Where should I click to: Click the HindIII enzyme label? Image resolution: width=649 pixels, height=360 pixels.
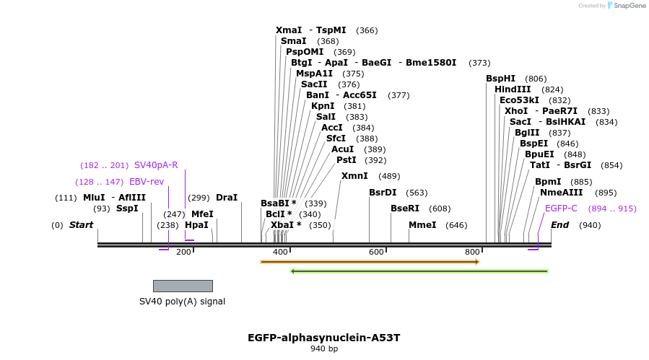(x=513, y=89)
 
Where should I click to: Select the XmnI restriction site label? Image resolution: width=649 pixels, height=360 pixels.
(x=354, y=176)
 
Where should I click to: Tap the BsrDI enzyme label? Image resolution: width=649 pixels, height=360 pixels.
(x=383, y=193)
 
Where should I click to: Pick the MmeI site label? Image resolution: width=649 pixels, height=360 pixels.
(x=422, y=225)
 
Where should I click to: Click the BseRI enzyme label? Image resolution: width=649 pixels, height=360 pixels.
(x=405, y=208)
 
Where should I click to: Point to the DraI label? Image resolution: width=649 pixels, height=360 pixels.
(x=227, y=198)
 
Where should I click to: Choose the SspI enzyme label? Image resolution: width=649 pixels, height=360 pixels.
(x=127, y=208)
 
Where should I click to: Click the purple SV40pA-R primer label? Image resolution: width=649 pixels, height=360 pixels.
(x=156, y=165)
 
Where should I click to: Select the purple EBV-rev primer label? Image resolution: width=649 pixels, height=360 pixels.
(x=147, y=182)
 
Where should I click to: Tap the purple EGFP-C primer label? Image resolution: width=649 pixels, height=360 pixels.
(x=561, y=208)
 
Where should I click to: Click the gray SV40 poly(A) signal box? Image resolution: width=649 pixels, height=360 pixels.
(x=183, y=286)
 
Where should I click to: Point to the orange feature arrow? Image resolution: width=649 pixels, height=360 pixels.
(x=370, y=262)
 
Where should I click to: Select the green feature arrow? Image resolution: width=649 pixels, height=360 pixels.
(x=419, y=271)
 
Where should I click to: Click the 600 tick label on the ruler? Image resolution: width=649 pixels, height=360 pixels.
(x=376, y=252)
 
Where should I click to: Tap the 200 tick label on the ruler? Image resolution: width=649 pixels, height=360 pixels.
(x=183, y=252)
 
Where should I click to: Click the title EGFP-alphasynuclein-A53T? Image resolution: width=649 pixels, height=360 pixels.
(x=323, y=338)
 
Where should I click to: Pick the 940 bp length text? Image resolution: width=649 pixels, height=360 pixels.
(x=324, y=349)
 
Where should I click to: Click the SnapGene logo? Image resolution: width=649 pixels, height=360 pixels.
(x=626, y=6)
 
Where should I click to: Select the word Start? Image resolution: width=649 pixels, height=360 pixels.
(x=81, y=225)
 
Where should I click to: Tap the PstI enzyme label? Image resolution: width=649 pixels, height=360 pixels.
(x=347, y=160)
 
